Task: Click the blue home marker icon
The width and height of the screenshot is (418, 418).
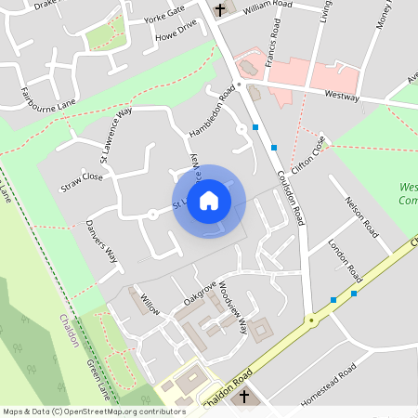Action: coord(209,200)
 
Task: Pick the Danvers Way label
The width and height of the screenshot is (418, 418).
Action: coord(101,241)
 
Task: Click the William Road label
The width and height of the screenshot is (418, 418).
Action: coord(268,6)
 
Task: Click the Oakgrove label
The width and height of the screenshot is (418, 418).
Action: coord(200,289)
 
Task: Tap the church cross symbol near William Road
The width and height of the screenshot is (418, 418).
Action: coord(221,10)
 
